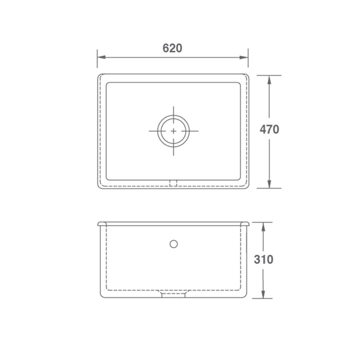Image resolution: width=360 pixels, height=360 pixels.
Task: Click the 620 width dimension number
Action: tap(172, 48)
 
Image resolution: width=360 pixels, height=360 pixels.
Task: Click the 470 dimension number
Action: tap(269, 129)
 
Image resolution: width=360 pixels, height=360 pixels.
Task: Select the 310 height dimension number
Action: tap(263, 259)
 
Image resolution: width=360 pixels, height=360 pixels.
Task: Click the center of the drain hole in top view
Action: tap(173, 131)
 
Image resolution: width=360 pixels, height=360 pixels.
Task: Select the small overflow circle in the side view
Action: tap(173, 244)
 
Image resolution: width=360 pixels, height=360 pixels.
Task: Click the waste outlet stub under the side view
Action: tap(173, 295)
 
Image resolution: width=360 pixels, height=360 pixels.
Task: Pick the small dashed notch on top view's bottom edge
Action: tap(173, 183)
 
